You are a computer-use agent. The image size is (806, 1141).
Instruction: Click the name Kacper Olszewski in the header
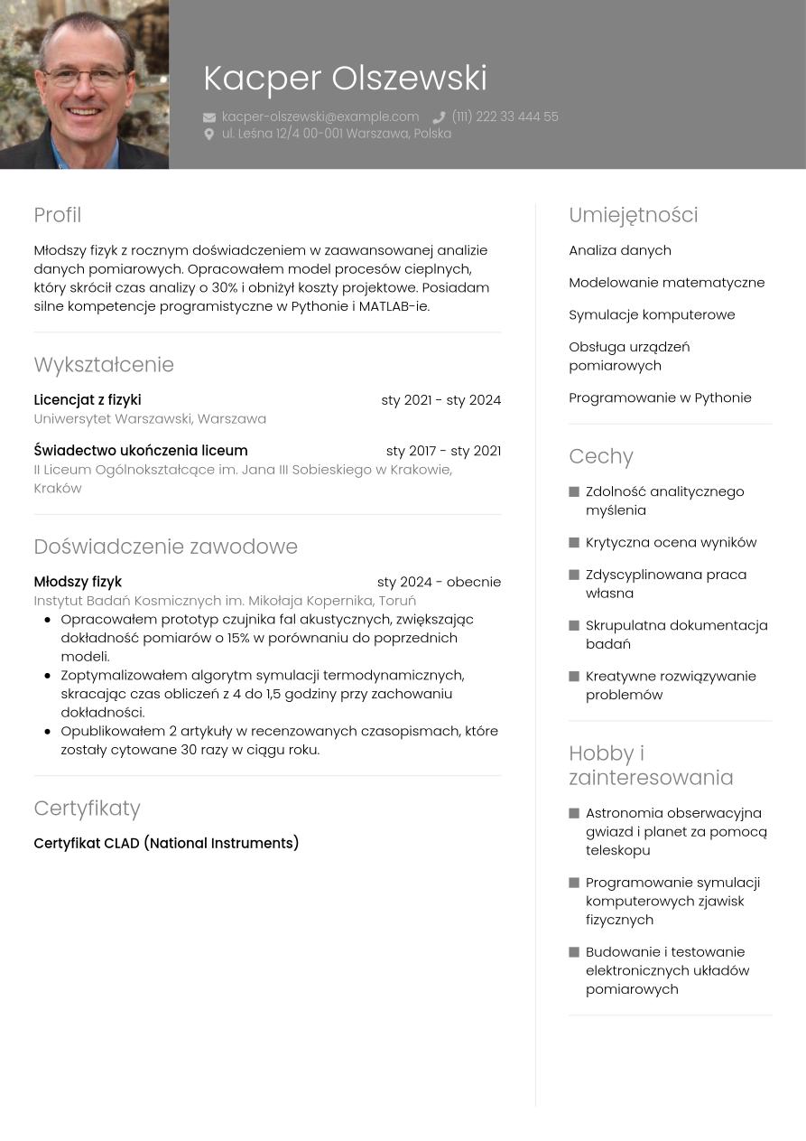[345, 79]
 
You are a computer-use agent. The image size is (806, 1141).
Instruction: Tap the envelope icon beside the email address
[209, 117]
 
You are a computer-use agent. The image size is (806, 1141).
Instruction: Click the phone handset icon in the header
[439, 117]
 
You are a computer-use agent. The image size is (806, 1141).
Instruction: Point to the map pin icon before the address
[209, 134]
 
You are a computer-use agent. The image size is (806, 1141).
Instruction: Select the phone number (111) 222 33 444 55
[505, 117]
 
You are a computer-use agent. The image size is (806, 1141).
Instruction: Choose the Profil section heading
[58, 215]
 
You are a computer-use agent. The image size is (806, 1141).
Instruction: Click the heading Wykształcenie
[104, 365]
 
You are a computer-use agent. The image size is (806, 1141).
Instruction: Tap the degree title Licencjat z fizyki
[88, 400]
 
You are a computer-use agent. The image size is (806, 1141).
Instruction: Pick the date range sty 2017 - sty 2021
[443, 451]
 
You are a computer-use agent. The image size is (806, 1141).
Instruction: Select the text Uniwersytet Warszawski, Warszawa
[150, 419]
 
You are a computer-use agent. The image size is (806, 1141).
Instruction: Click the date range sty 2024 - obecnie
[439, 582]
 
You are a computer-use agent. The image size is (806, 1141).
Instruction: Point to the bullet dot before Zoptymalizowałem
[47, 675]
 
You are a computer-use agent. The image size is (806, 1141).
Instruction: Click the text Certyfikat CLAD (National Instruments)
[166, 844]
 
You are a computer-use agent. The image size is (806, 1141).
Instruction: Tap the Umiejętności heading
[633, 215]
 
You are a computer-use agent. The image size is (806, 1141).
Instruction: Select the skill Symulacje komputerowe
[652, 314]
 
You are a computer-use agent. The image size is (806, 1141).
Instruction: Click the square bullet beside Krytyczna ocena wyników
[574, 543]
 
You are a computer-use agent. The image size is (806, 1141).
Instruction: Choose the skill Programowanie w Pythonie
[660, 397]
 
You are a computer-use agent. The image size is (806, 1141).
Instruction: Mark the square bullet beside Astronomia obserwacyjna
[574, 814]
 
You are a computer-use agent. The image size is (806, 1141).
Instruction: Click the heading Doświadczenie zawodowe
[165, 547]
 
